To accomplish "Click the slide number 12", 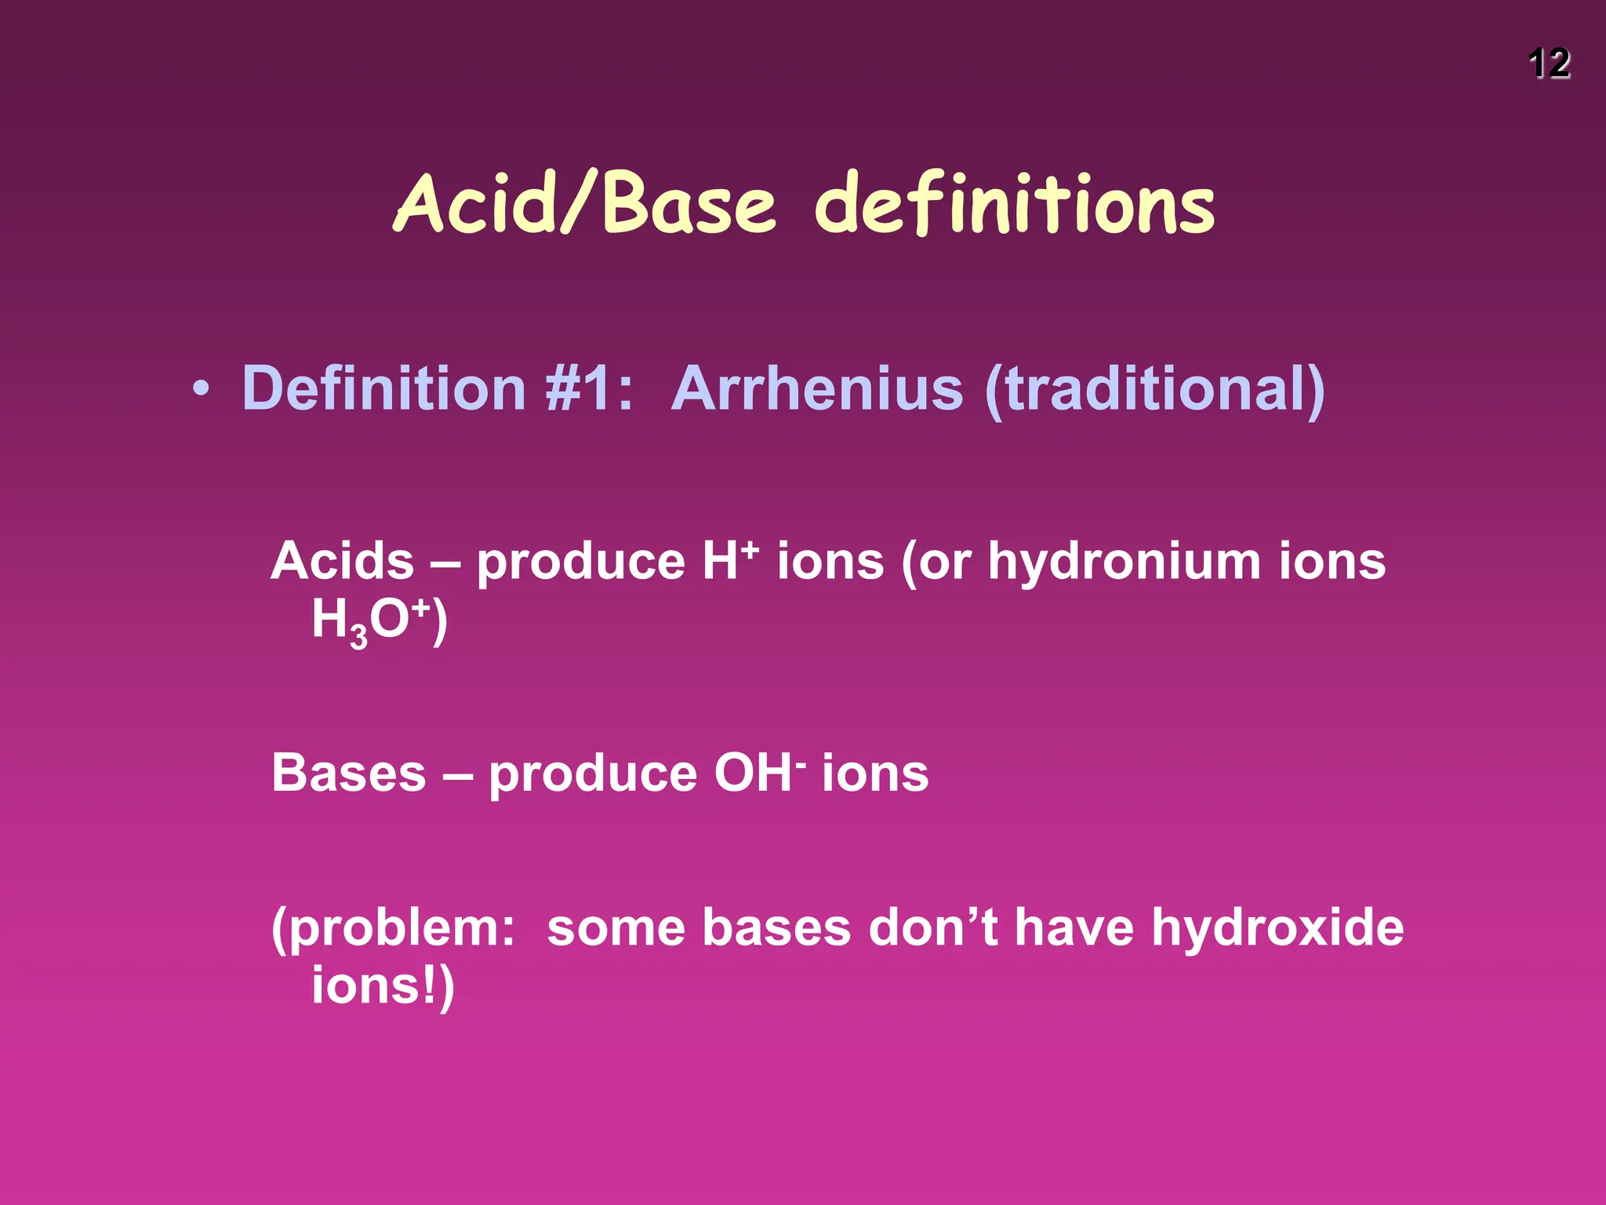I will pyautogui.click(x=1549, y=64).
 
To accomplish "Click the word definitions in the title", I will pyautogui.click(x=1015, y=205).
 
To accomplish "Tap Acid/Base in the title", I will pyautogui.click(x=584, y=203).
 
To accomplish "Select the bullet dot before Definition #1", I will pyautogui.click(x=202, y=390).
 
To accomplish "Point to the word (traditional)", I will pyautogui.click(x=1154, y=390).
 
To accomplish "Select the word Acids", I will pyautogui.click(x=342, y=562).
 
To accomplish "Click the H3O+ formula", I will pyautogui.click(x=379, y=621).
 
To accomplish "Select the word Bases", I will pyautogui.click(x=348, y=774).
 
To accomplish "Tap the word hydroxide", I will pyautogui.click(x=1277, y=928).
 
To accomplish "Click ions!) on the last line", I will pyautogui.click(x=383, y=987).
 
